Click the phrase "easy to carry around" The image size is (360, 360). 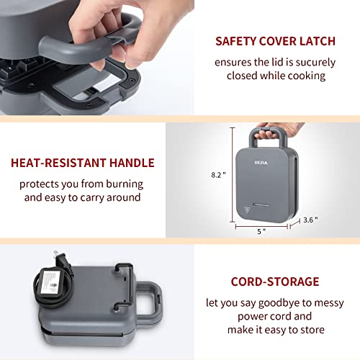pos(101,197)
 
